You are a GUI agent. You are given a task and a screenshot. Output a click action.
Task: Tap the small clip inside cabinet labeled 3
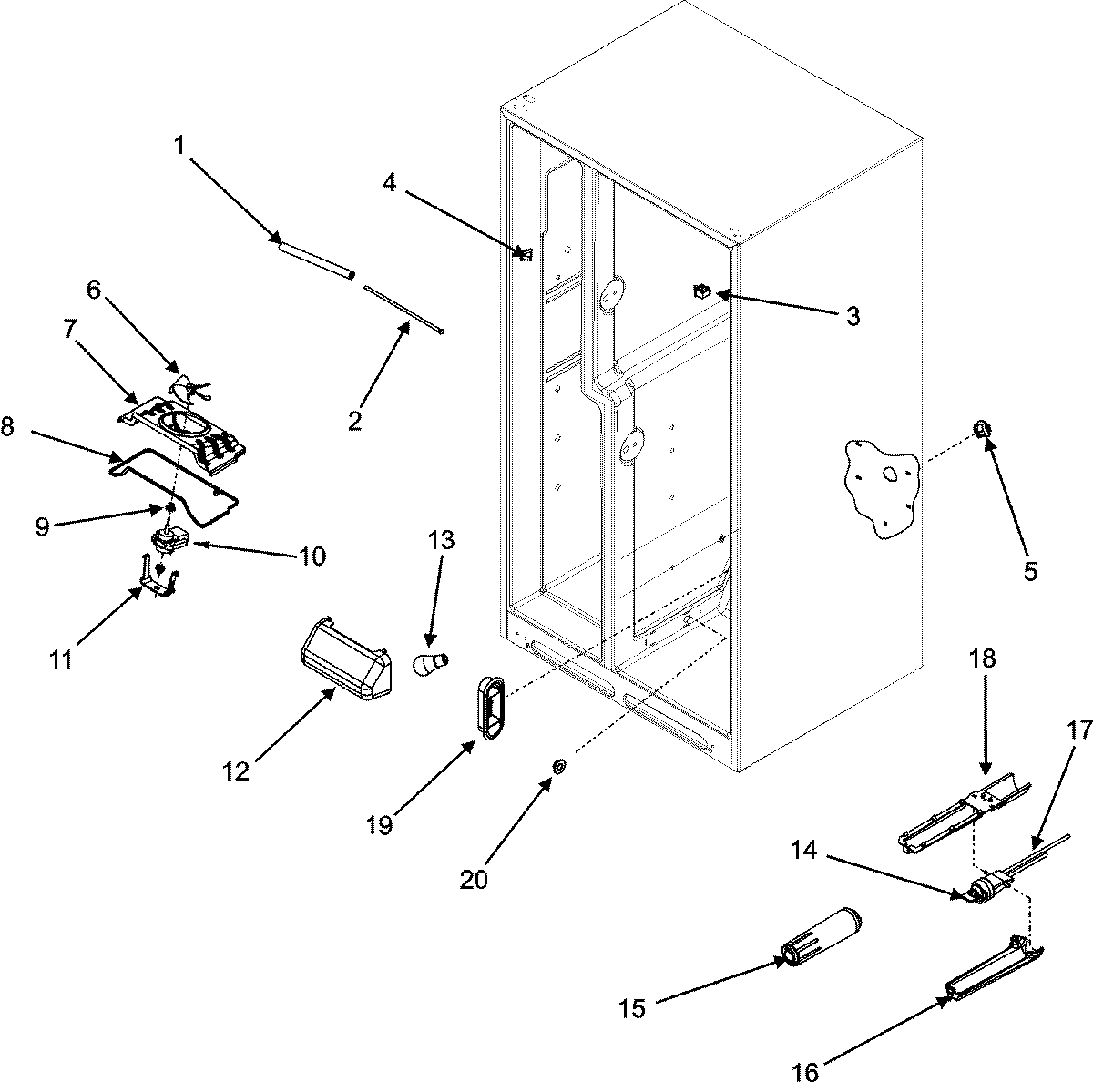tap(701, 292)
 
